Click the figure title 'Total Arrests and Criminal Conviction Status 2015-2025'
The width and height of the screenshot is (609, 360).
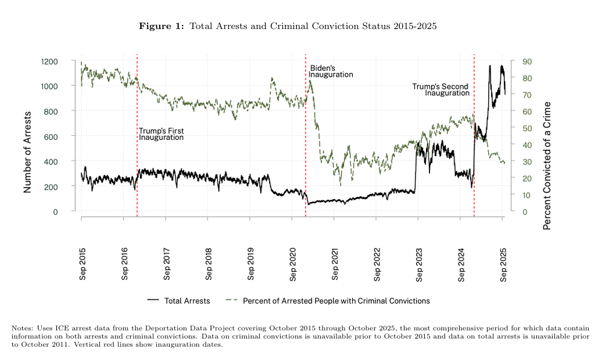[313, 26]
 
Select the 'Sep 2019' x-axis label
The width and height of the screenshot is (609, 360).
[251, 265]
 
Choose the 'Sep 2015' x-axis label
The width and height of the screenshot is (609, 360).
[83, 265]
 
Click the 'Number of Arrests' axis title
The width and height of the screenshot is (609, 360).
[27, 152]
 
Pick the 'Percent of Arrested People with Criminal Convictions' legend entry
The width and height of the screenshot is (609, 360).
[336, 301]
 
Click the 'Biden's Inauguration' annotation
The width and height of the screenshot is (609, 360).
[331, 71]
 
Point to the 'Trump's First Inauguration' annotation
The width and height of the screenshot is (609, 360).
[161, 134]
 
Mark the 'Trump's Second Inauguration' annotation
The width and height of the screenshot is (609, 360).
[440, 89]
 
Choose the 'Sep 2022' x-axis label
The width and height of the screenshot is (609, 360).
[377, 265]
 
